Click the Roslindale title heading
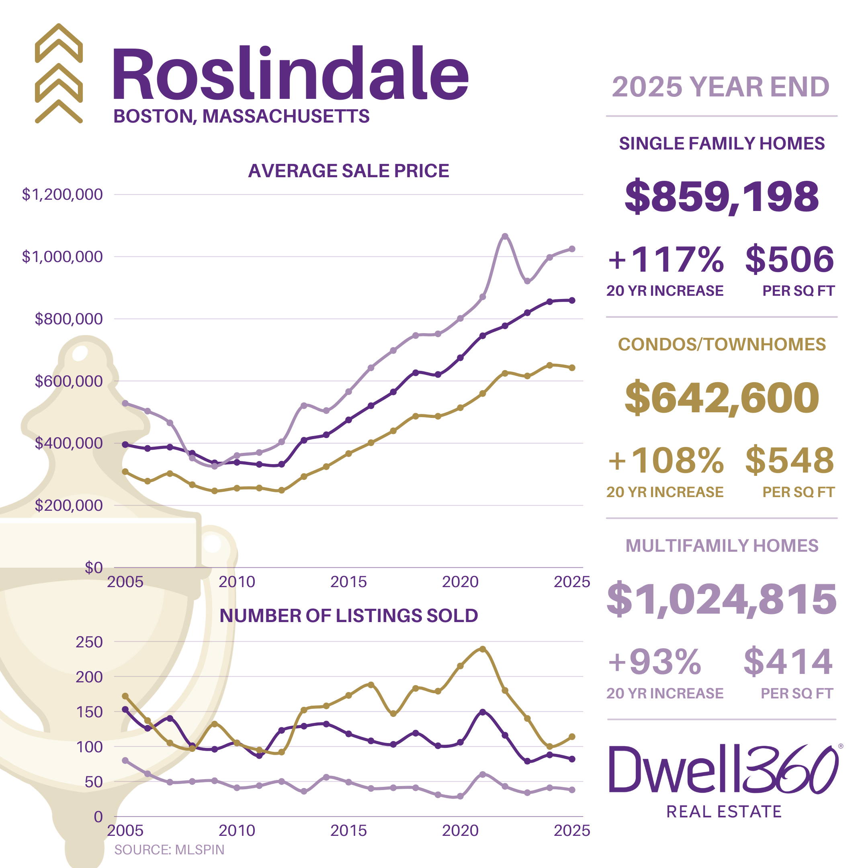[x=290, y=74]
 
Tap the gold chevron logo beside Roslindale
[x=59, y=73]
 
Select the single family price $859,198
[x=722, y=197]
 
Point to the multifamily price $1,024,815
[x=722, y=599]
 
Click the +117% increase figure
[x=665, y=260]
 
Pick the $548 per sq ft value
[x=789, y=461]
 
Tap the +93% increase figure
[x=655, y=662]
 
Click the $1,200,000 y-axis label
[x=62, y=194]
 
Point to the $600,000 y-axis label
[x=69, y=381]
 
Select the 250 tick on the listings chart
[x=89, y=642]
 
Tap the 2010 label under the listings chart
[x=237, y=831]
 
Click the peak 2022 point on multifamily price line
[x=505, y=236]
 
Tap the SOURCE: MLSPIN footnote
[x=169, y=850]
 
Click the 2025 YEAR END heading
[x=721, y=87]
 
